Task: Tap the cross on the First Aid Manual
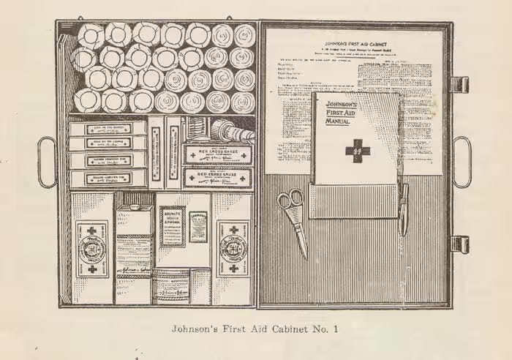coord(358,151)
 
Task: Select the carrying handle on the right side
coord(462,162)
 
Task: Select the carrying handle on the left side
coord(47,162)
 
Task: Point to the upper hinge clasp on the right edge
coord(459,84)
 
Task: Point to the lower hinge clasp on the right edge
coord(459,244)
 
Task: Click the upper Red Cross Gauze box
coord(217,154)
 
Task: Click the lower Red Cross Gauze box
coord(217,176)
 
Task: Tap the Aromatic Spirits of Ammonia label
coord(173,225)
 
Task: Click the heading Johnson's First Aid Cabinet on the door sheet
coord(355,43)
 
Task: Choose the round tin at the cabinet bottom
coord(171,285)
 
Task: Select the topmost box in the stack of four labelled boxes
coord(108,129)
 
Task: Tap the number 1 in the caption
coord(337,329)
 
